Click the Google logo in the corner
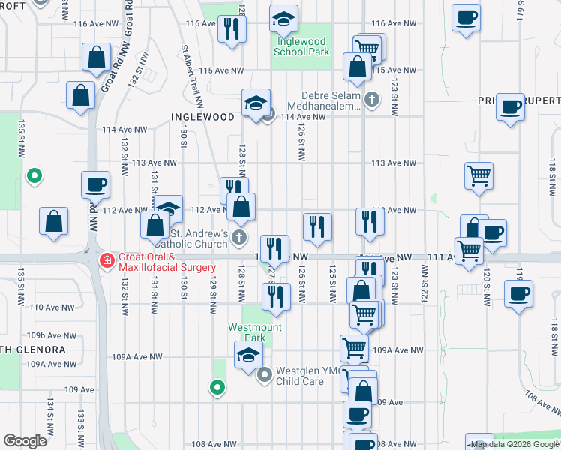(25, 441)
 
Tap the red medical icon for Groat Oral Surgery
(107, 260)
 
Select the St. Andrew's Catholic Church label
(191, 238)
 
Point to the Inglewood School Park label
(301, 47)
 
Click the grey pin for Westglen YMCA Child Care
(264, 374)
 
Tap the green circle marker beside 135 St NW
(34, 177)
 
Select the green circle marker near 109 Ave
(217, 387)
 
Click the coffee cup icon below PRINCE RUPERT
(510, 107)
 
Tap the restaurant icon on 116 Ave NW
(232, 28)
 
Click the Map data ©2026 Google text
(514, 445)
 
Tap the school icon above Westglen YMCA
(248, 355)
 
